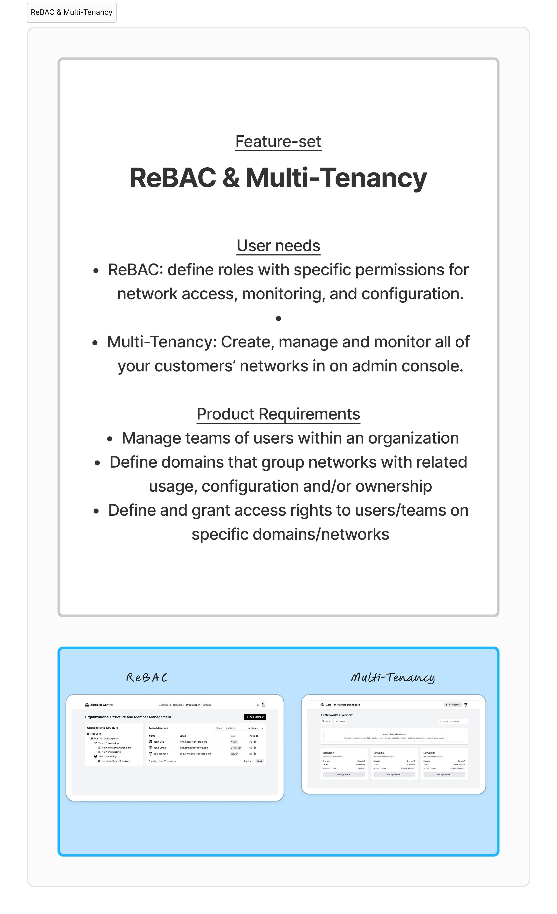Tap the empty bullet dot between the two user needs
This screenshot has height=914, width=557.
click(x=278, y=318)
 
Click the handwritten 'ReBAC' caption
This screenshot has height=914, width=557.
click(x=147, y=677)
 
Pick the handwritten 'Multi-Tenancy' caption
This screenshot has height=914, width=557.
click(x=393, y=677)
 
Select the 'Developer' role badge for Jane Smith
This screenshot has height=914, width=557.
click(x=235, y=748)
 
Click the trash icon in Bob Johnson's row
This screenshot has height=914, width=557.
click(x=255, y=754)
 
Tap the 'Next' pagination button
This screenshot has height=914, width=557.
click(x=260, y=761)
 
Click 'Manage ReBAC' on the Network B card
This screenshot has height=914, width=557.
click(x=394, y=774)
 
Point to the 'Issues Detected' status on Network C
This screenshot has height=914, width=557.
click(x=457, y=768)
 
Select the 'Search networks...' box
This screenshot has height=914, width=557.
click(x=453, y=721)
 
